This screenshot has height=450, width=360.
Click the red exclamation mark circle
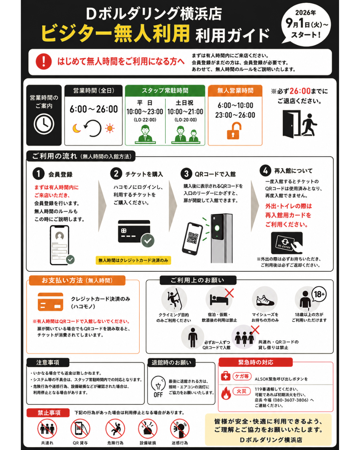point(44,61)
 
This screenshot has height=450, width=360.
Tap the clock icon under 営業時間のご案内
point(44,124)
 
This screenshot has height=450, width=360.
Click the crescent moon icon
point(77,128)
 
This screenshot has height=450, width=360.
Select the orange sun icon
point(110,128)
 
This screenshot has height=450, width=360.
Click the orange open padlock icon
point(234,131)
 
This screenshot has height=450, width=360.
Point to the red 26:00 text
point(300,91)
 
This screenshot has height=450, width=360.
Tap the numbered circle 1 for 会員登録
point(38,174)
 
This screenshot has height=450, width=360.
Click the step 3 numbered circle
point(186,174)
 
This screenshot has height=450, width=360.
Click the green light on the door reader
point(217,228)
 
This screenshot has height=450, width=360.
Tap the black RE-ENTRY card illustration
point(287,243)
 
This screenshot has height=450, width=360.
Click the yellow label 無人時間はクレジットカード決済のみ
point(133,260)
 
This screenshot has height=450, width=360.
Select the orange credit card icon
point(50,302)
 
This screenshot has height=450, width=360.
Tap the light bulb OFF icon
point(158,386)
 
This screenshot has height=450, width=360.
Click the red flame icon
point(226,393)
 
